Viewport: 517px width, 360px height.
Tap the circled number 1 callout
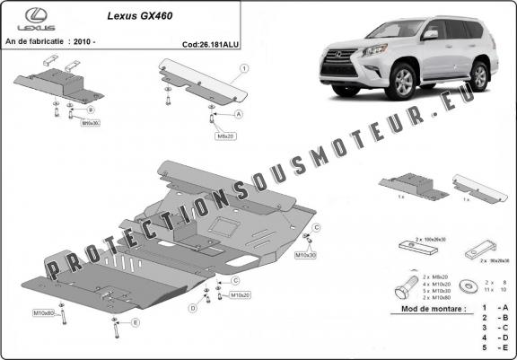pyautogui.click(x=244, y=68)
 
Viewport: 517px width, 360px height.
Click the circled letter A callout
pyautogui.click(x=239, y=115)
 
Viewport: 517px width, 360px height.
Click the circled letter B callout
pyautogui.click(x=91, y=109)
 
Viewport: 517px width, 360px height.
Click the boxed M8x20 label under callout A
pyautogui.click(x=223, y=136)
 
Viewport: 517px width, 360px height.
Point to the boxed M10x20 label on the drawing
pyautogui.click(x=240, y=294)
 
